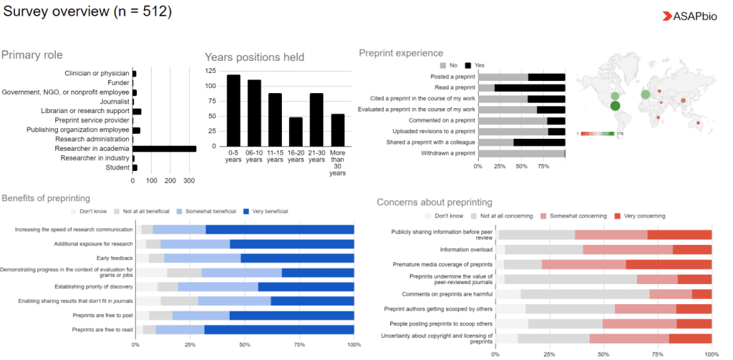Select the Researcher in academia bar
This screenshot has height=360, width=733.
165,149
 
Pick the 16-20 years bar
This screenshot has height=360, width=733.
296,131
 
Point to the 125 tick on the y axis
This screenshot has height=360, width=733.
210,71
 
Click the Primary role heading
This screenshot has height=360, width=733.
32,55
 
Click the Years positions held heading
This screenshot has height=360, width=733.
254,57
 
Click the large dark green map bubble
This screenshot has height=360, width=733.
615,107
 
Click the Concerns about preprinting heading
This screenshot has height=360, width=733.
435,203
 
